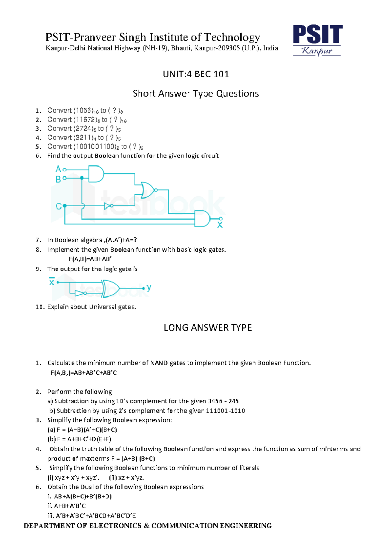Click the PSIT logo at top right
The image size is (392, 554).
click(317, 40)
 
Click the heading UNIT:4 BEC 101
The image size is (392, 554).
click(196, 74)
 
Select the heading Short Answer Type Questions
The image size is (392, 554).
click(196, 94)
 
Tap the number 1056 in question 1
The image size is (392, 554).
click(83, 110)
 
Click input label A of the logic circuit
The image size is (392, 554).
click(58, 169)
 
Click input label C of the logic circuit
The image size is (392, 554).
click(58, 206)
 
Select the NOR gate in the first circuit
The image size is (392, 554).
click(148, 190)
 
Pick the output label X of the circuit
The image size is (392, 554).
click(220, 225)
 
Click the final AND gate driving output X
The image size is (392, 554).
click(202, 219)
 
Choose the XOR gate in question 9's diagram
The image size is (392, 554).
click(110, 288)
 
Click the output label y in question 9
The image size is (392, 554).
click(149, 287)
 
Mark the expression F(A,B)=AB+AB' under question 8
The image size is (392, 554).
click(90, 259)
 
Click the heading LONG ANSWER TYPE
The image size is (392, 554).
click(207, 328)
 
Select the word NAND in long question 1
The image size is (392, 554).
click(159, 363)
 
